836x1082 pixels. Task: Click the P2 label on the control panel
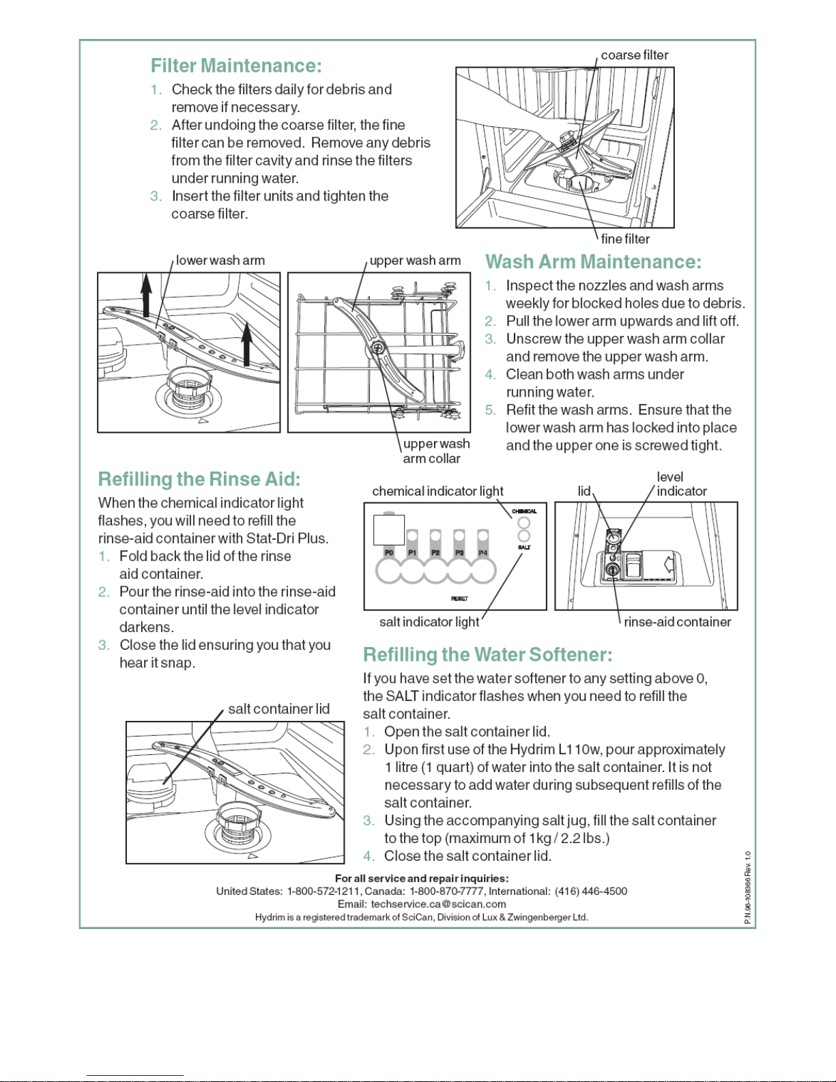pyautogui.click(x=435, y=553)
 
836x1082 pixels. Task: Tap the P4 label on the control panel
pyautogui.click(x=482, y=553)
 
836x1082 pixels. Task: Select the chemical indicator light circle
pyautogui.click(x=524, y=523)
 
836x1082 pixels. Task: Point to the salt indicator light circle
pyautogui.click(x=524, y=536)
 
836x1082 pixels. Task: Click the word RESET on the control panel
pyautogui.click(x=459, y=599)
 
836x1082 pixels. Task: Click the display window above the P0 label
pyautogui.click(x=388, y=530)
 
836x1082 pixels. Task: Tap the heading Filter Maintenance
pyautogui.click(x=236, y=66)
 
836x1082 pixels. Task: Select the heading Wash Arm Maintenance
pyautogui.click(x=593, y=261)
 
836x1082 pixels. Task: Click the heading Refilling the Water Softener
pyautogui.click(x=488, y=654)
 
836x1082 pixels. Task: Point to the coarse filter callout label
pyautogui.click(x=635, y=55)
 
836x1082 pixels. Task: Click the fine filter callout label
pyautogui.click(x=625, y=239)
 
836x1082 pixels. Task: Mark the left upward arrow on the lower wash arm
pyautogui.click(x=146, y=295)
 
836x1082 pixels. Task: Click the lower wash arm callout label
pyautogui.click(x=220, y=260)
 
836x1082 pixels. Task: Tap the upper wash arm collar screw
pyautogui.click(x=377, y=348)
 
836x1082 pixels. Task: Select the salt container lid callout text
pyautogui.click(x=278, y=709)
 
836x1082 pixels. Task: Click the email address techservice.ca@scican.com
pyautogui.click(x=438, y=904)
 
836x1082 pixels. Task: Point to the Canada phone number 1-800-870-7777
pyautogui.click(x=446, y=891)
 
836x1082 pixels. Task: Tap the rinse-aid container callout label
pyautogui.click(x=677, y=622)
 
